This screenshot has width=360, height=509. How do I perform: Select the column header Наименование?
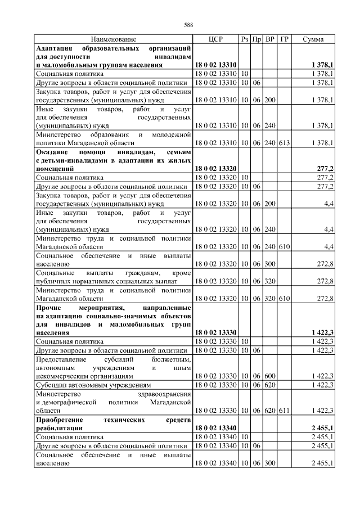[113, 39]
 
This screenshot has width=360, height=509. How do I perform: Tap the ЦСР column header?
[216, 39]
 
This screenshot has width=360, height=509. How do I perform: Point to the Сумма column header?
[313, 39]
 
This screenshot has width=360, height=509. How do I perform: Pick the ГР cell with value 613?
[284, 143]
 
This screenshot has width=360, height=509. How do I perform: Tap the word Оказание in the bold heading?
[54, 152]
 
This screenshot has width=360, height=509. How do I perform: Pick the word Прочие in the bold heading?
[49, 309]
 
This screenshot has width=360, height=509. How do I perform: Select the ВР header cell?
[270, 39]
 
